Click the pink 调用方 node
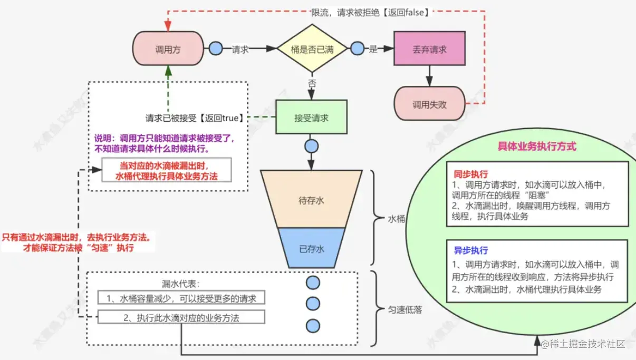(168, 49)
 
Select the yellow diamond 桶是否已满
(312, 48)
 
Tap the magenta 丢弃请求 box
(429, 48)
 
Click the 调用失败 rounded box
(429, 104)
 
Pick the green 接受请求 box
(312, 117)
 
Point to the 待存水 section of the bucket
(311, 199)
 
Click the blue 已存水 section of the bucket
(312, 248)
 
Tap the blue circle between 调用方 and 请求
(216, 48)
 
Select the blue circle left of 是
(357, 48)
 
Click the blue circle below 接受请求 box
(312, 147)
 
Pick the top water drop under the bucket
(313, 283)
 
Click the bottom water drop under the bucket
(313, 326)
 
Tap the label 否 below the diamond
(312, 83)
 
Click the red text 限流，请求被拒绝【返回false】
(371, 13)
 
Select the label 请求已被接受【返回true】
(195, 118)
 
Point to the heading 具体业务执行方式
(537, 147)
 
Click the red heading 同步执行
(471, 173)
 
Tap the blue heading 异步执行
(471, 250)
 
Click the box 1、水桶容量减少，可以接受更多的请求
(181, 298)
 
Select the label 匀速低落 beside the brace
(405, 309)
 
